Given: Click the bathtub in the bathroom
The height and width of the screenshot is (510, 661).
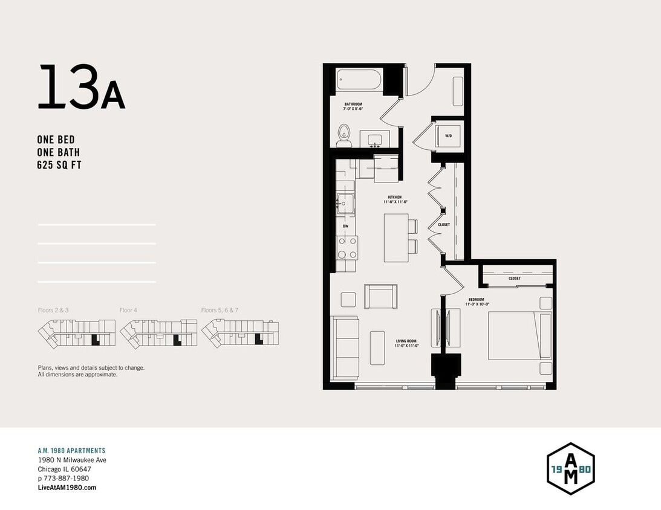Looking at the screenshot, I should pos(359,80).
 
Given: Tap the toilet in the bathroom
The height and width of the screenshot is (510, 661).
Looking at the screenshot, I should pos(344,135).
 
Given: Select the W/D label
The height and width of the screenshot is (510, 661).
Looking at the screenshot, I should pos(448,137).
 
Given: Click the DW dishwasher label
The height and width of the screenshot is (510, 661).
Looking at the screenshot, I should pos(345,226).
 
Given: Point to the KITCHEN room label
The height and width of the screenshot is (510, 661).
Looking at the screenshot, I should pos(395,198).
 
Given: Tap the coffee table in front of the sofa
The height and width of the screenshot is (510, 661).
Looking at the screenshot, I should pos(377,347).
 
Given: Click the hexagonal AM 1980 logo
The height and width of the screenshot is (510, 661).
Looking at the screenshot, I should pos(570,468).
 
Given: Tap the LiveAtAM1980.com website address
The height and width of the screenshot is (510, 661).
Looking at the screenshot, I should pos(67,488).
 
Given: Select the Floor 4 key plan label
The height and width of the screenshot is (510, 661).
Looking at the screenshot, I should pos(128,310).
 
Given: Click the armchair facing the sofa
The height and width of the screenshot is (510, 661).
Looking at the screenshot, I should pos(381,297).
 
